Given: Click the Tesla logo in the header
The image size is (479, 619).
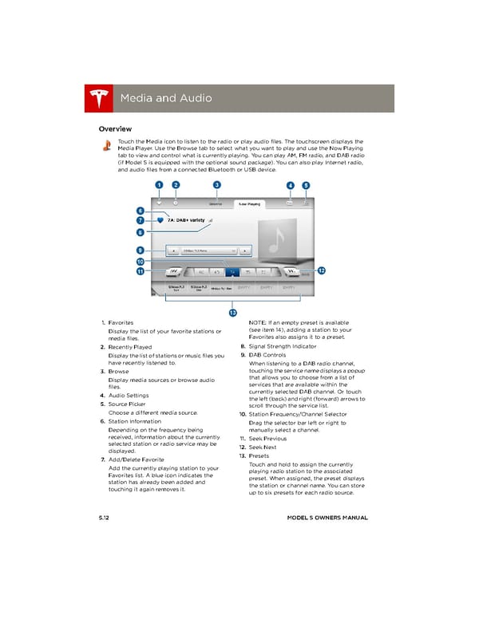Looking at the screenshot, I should (x=99, y=98).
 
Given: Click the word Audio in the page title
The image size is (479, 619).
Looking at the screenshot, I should (x=192, y=98).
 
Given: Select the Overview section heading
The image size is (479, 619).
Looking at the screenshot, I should (x=115, y=128).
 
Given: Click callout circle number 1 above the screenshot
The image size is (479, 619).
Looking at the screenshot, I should (x=159, y=185).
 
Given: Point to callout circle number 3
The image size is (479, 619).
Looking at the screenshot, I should (x=216, y=185).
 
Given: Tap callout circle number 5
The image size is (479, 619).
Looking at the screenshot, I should (x=307, y=185).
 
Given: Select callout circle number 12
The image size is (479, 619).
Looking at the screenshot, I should (x=321, y=271).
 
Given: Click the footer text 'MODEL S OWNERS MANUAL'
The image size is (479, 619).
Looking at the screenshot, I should (x=327, y=518).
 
